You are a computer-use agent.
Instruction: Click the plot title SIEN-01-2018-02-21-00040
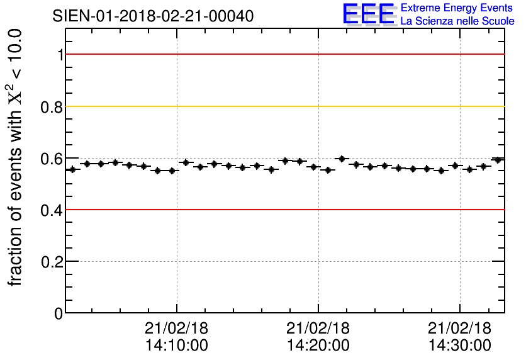154,16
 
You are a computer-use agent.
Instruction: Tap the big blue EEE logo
369,14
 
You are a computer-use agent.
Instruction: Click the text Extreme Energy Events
457,8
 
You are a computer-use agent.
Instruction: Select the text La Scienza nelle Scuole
457,21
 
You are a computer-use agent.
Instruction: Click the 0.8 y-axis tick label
52,106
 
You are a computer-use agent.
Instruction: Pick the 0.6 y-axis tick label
52,158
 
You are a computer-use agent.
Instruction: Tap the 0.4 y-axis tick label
52,210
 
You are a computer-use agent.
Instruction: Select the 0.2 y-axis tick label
52,261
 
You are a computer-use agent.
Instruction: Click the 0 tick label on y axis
59,313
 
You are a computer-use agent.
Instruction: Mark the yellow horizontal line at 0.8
283,106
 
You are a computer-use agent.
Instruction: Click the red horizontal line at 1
283,54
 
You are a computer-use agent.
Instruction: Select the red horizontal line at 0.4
283,210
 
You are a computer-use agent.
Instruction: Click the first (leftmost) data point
72,169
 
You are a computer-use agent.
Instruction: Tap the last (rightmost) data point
498,160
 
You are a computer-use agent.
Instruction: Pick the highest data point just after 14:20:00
342,159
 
